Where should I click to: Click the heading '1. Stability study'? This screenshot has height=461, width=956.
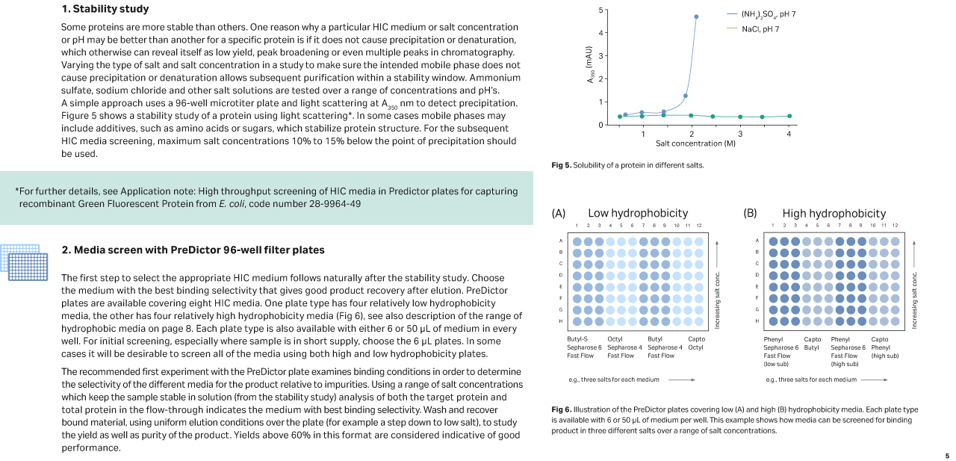pos(105,9)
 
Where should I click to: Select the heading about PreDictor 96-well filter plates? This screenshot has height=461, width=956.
pos(193,250)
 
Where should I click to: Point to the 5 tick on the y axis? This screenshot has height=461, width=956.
pos(600,10)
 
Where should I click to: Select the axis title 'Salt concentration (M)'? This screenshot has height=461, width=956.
pos(695,143)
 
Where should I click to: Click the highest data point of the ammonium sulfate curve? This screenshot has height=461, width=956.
pos(696,16)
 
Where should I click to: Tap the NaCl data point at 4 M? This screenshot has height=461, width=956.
pos(789,117)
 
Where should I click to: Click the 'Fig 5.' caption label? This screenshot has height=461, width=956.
pos(561,165)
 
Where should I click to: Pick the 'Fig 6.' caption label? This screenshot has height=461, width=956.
pos(561,409)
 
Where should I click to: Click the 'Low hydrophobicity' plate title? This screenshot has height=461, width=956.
pos(637,213)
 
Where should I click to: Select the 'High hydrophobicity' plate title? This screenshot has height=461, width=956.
pos(834,213)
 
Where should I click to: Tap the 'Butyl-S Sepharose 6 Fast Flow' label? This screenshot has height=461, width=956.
pos(584,347)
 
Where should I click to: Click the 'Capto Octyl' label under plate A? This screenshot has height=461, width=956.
pos(695,343)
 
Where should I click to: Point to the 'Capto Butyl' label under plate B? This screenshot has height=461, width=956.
pos(812,343)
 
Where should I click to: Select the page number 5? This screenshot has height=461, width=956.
pos(947,456)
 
